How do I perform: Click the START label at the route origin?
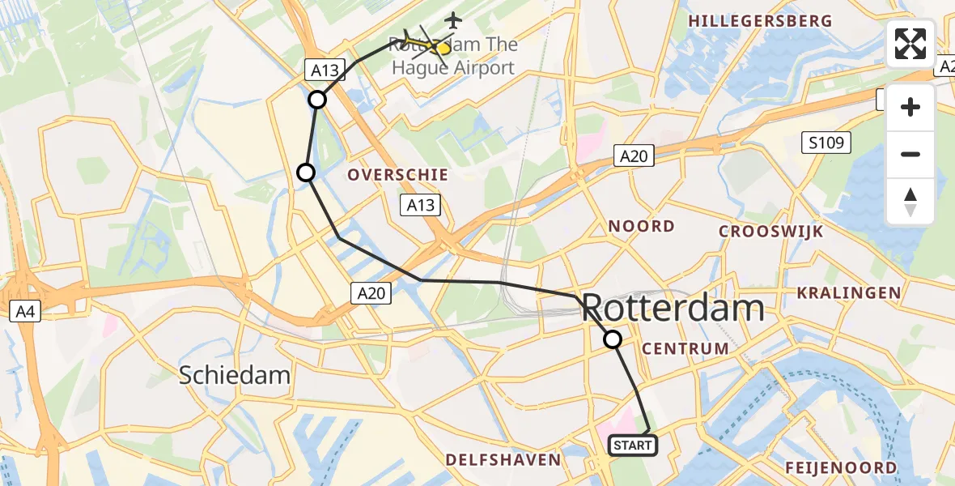pos(632,445)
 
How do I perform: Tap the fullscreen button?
pos(910,44)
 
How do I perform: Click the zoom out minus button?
pos(910,154)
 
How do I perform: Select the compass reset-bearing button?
pos(910,201)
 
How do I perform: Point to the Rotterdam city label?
pos(673,309)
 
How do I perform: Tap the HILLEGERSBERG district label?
pos(759,21)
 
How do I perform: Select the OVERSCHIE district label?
pos(398,174)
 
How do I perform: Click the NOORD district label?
pos(641,226)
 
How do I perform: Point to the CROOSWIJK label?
pos(771,232)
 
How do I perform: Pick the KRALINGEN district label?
pos(848,292)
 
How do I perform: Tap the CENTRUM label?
pos(685,348)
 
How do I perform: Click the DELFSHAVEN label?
pos(503,460)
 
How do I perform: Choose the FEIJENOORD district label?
pos(841,467)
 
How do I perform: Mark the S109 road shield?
pos(826,143)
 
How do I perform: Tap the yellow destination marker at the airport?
pos(442,48)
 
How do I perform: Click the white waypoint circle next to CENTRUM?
pos(613,339)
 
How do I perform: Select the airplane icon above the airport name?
pos(453,19)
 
